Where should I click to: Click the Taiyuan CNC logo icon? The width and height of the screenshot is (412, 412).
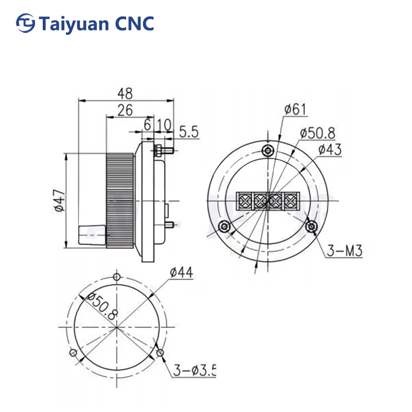tap(25, 23)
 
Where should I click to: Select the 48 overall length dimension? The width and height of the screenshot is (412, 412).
tap(125, 93)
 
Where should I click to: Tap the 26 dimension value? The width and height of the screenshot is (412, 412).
tap(125, 110)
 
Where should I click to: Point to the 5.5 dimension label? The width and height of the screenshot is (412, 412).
tap(188, 132)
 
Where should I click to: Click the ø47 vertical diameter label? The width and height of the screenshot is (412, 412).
tap(59, 200)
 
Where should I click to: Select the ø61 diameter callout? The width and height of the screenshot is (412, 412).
tap(295, 109)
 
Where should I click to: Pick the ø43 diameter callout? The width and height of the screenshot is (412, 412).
tap(330, 149)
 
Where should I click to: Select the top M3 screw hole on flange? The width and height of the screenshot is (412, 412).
tap(268, 150)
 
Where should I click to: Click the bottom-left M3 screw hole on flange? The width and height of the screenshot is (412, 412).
tap(224, 226)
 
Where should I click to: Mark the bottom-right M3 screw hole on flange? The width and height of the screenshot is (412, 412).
tap(311, 226)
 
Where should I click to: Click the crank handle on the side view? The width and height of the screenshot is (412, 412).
tap(91, 235)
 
